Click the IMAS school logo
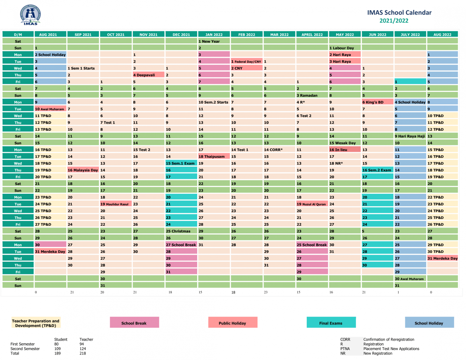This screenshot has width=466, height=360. (x=30, y=15)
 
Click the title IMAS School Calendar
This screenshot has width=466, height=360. (x=399, y=13)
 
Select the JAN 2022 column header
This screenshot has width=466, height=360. (x=214, y=35)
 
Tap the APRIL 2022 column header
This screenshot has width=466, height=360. (x=312, y=35)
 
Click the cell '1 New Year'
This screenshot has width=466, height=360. (x=214, y=41)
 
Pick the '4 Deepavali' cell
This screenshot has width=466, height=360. (x=148, y=75)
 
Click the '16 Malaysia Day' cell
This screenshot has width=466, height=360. (x=83, y=170)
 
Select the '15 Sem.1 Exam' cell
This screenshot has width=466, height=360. (x=181, y=163)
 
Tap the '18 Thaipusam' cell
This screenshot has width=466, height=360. (x=214, y=156)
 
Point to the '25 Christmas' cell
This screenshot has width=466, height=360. (x=181, y=231)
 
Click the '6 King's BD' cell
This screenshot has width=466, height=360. (x=377, y=102)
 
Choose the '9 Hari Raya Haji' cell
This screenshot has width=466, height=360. (x=410, y=136)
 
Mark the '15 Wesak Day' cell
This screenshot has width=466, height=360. (x=345, y=143)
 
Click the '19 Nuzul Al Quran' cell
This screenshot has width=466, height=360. (x=312, y=204)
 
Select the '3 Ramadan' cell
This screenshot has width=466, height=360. (x=312, y=95)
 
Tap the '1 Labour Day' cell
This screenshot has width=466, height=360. (x=345, y=48)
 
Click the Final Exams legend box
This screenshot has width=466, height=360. (x=331, y=322)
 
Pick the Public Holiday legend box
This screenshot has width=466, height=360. (x=233, y=322)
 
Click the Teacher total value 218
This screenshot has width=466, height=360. (x=83, y=353)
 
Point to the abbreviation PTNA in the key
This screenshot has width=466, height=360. (x=345, y=349)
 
